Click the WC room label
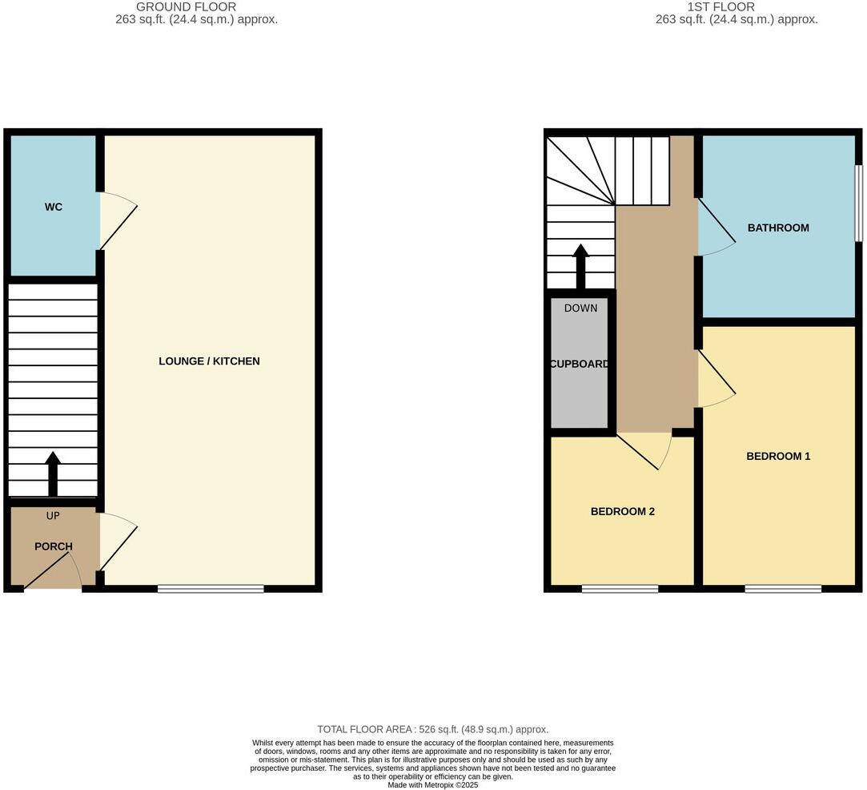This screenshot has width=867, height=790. pyautogui.click(x=54, y=207)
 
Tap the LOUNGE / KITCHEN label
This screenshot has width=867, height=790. pyautogui.click(x=209, y=361)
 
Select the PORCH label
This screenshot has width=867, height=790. pyautogui.click(x=54, y=546)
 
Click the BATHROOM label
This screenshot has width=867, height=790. pyautogui.click(x=778, y=228)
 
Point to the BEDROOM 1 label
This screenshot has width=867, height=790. pyautogui.click(x=778, y=456)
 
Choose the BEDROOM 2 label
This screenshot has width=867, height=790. pyautogui.click(x=623, y=511)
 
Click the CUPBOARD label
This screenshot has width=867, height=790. pyautogui.click(x=580, y=364)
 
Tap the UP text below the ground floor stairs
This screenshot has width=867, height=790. pyautogui.click(x=53, y=515)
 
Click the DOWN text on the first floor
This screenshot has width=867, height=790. pyautogui.click(x=580, y=308)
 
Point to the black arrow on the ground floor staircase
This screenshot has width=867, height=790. pyautogui.click(x=53, y=474)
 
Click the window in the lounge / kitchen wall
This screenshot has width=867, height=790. pyautogui.click(x=211, y=589)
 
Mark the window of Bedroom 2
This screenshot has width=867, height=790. pyautogui.click(x=620, y=589)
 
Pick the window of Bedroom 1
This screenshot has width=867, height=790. pyautogui.click(x=783, y=589)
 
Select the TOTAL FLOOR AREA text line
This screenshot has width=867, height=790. pyautogui.click(x=432, y=729)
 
